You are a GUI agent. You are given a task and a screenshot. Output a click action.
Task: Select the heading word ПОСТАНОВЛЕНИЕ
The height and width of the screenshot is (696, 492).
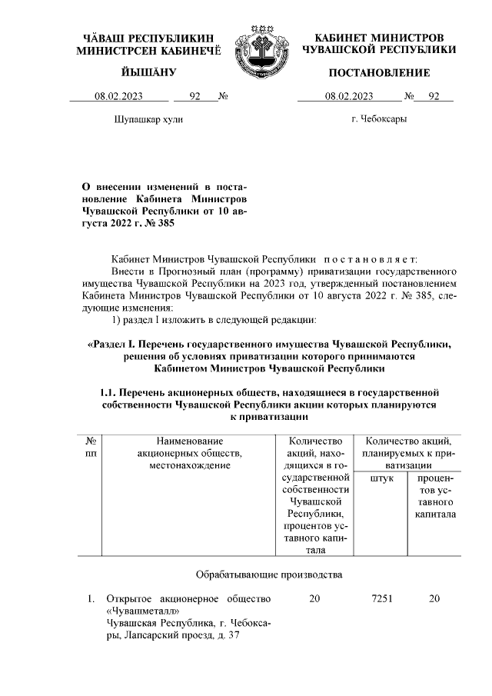[379, 72]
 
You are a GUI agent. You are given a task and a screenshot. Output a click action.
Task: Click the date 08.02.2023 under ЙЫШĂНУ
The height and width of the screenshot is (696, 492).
[119, 97]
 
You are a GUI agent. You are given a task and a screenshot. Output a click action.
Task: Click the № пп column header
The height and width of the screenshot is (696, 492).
[91, 448]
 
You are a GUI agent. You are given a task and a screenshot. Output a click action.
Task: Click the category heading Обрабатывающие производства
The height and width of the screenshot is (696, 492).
[264, 574]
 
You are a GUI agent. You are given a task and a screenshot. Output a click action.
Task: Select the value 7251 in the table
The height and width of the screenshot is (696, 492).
[381, 599]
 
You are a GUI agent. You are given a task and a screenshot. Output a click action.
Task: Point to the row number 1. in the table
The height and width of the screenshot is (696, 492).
[91, 599]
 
